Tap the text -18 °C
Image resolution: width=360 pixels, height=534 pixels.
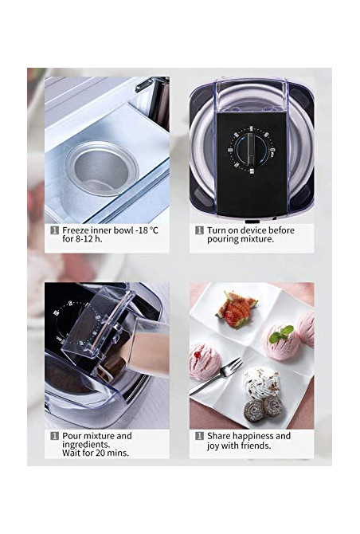tap(147, 230)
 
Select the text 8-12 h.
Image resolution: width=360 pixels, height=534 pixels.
tap(88, 239)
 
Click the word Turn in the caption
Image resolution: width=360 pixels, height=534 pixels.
tap(216, 230)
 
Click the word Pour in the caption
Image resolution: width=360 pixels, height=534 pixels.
tap(72, 436)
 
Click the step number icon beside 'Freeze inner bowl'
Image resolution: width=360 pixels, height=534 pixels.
tap(54, 230)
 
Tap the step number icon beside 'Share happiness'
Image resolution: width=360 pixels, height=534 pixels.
tap(199, 436)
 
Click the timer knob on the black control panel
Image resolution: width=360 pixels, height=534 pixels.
tap(251, 149)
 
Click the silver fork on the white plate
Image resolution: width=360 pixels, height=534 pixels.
tap(217, 375)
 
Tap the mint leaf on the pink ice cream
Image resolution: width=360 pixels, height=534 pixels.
tap(281, 334)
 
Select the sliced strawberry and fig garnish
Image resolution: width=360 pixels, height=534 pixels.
tap(237, 309)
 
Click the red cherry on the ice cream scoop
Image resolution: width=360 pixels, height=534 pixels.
tap(197, 355)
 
